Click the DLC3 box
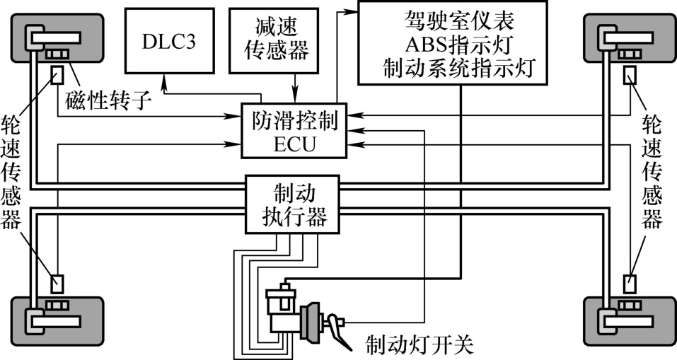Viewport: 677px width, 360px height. pyautogui.click(x=169, y=42)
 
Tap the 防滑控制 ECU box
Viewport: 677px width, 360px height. pyautogui.click(x=296, y=132)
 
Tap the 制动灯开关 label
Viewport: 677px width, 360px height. pyautogui.click(x=419, y=346)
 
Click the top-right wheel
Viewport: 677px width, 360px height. pyautogui.click(x=621, y=40)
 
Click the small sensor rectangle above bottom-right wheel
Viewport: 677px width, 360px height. pyautogui.click(x=628, y=284)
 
